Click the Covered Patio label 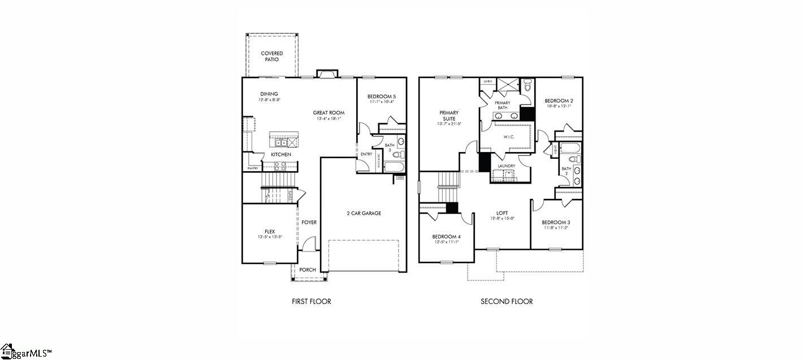click(x=272, y=57)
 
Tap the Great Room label click(x=328, y=113)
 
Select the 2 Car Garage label click(x=364, y=213)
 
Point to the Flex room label click(x=270, y=231)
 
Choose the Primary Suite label click(x=449, y=116)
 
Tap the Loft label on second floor click(x=502, y=213)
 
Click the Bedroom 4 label click(x=446, y=236)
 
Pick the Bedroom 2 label click(x=559, y=101)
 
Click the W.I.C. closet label click(x=509, y=137)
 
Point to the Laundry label click(x=506, y=166)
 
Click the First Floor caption click(x=312, y=301)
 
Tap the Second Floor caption click(x=507, y=301)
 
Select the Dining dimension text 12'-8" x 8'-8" click(x=269, y=99)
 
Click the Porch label click(x=308, y=270)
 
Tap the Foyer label click(x=309, y=222)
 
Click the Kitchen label click(x=281, y=154)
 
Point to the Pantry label click(x=253, y=168)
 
